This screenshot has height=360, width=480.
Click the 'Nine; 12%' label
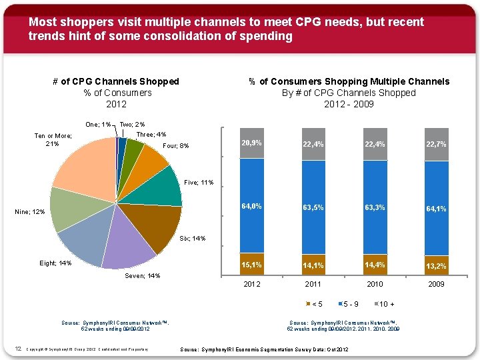pyautogui.click(x=29, y=212)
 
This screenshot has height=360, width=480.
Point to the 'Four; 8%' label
pyautogui.click(x=176, y=146)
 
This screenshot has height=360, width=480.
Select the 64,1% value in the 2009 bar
pyautogui.click(x=436, y=209)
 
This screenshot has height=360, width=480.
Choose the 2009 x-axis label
pyautogui.click(x=436, y=284)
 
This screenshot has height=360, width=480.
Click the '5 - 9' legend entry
pyautogui.click(x=349, y=305)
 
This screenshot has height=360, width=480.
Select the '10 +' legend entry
pyautogui.click(x=387, y=305)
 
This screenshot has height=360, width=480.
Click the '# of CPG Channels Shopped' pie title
pyautogui.click(x=116, y=81)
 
